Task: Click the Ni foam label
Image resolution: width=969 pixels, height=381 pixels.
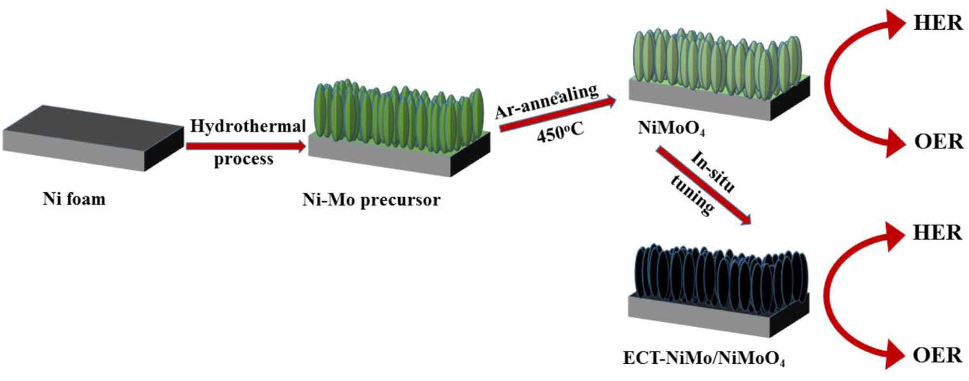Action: coord(74,199)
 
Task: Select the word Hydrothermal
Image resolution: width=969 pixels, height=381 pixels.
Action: coord(247,126)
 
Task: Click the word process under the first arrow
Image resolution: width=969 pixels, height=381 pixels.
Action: coord(243,159)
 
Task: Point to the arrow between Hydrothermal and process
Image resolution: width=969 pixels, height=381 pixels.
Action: coord(245,146)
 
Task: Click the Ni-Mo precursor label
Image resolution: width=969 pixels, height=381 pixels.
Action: coord(371,200)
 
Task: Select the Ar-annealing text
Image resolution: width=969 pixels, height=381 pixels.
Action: coord(547,101)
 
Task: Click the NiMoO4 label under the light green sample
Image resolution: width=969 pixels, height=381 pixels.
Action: coord(671,128)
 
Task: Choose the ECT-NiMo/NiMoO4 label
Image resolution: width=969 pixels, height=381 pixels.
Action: coord(703,358)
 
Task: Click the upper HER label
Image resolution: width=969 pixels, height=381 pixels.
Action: coord(938,23)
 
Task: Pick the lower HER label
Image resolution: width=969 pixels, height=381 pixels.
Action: coord(937,233)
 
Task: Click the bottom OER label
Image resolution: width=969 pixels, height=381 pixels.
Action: coord(937,355)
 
